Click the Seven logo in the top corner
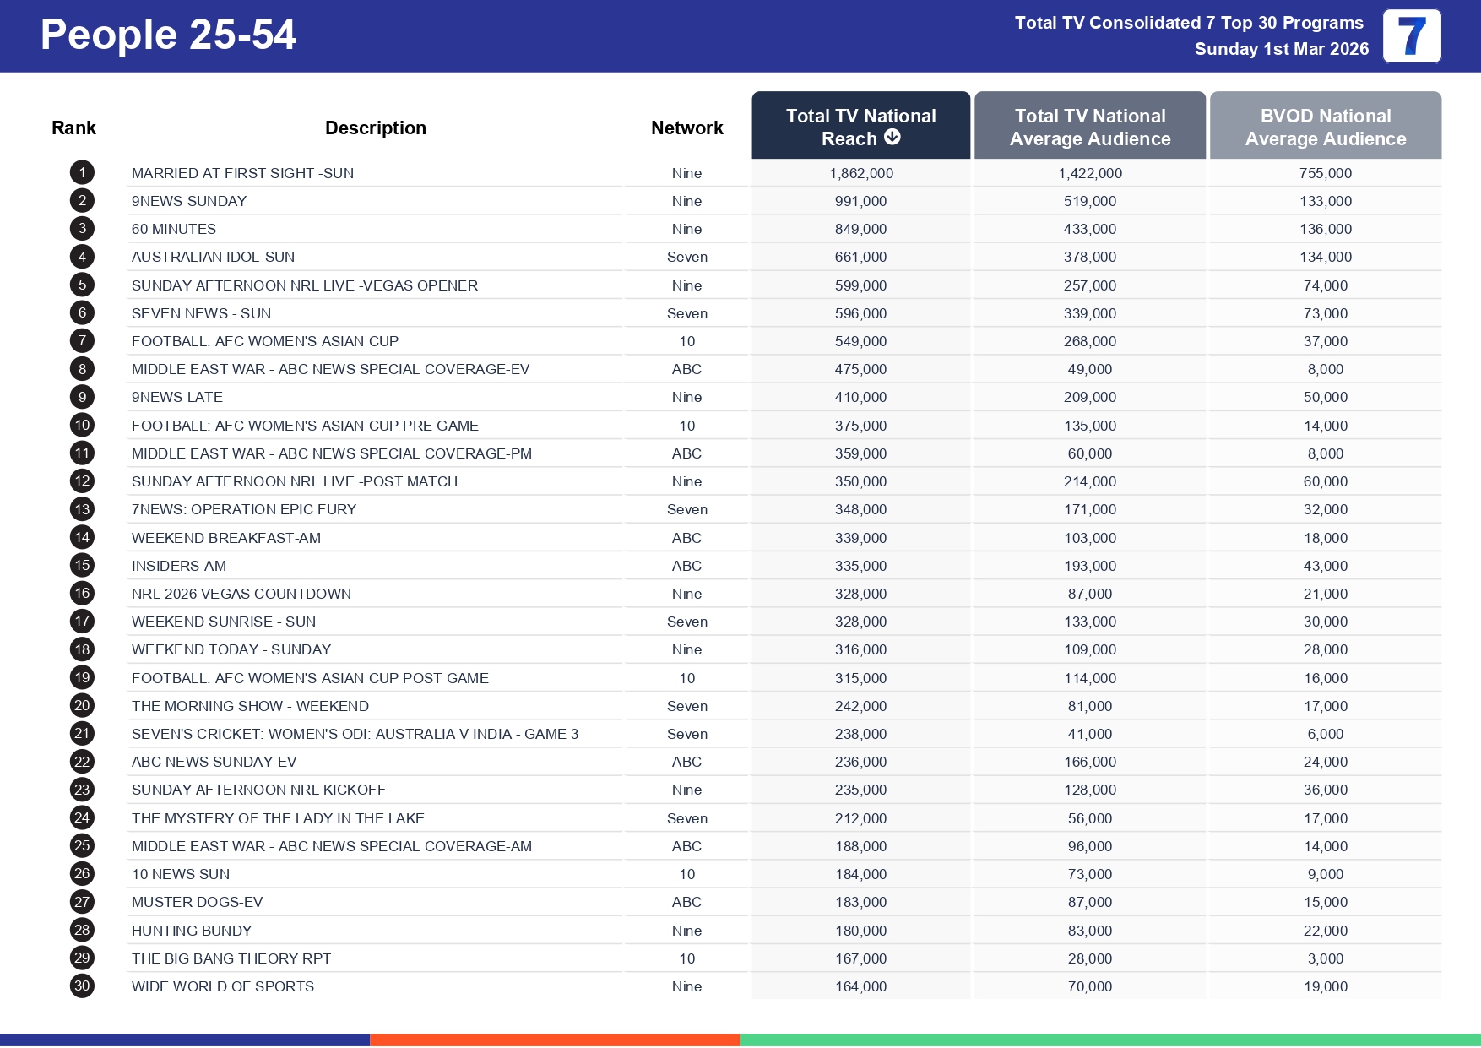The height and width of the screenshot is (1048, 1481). (1411, 36)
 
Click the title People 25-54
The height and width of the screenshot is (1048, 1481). (168, 35)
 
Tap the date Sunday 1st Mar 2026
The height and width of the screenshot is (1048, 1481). (1281, 49)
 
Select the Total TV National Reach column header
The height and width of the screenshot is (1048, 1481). (860, 127)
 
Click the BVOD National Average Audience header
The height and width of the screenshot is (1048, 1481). (1325, 127)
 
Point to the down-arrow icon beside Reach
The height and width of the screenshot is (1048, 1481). (892, 137)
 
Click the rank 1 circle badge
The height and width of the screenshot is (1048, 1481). (82, 173)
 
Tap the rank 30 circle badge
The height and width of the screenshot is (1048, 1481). (82, 986)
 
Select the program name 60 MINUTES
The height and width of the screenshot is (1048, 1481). (174, 229)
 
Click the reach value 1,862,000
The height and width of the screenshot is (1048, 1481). (860, 173)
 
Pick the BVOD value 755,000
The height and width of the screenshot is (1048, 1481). (1325, 173)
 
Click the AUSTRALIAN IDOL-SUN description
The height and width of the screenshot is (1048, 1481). (213, 257)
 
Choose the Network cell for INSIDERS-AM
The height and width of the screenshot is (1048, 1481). (686, 566)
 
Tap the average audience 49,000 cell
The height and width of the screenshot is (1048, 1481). (1089, 369)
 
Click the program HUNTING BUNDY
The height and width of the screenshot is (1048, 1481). (192, 931)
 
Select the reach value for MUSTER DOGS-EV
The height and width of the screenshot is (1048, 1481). (860, 902)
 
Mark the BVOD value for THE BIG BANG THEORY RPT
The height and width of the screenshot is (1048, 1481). (1325, 958)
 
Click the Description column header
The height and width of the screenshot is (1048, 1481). (375, 128)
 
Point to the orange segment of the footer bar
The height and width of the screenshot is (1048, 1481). (555, 1040)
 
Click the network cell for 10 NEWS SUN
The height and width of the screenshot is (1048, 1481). (686, 874)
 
